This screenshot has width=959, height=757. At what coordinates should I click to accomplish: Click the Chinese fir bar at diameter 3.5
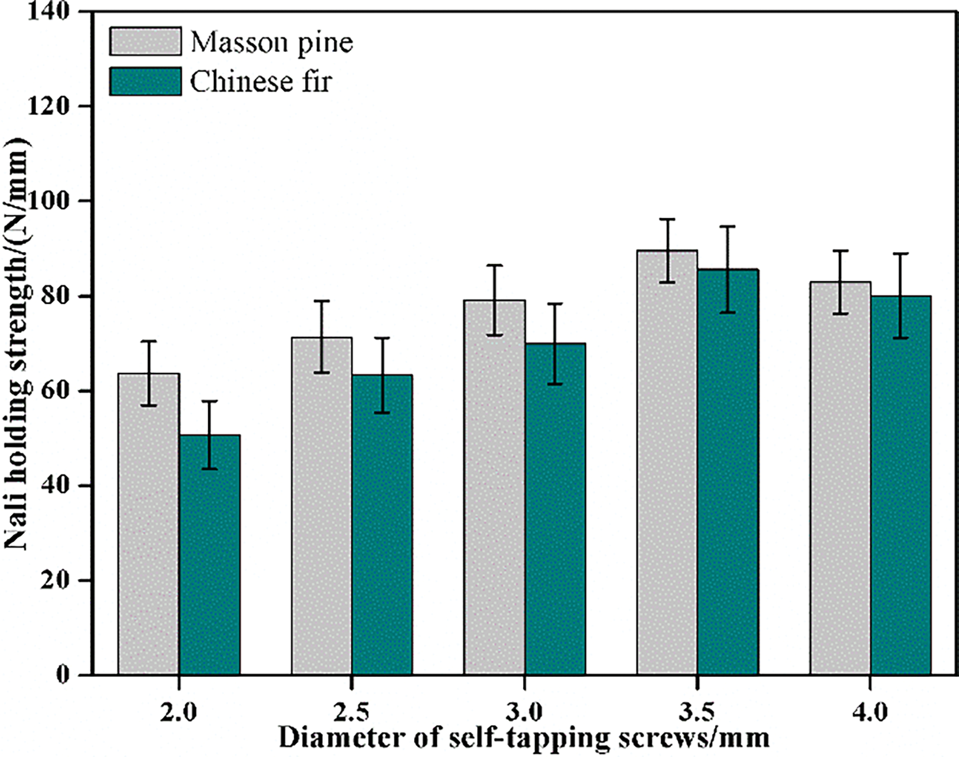[728, 477]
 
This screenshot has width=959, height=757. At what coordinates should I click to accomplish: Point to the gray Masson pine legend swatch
[146, 42]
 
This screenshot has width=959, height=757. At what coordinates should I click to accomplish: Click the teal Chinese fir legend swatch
[146, 81]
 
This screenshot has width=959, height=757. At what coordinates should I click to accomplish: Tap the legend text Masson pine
[272, 43]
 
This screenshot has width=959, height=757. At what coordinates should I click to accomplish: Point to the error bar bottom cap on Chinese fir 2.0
[209, 469]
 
